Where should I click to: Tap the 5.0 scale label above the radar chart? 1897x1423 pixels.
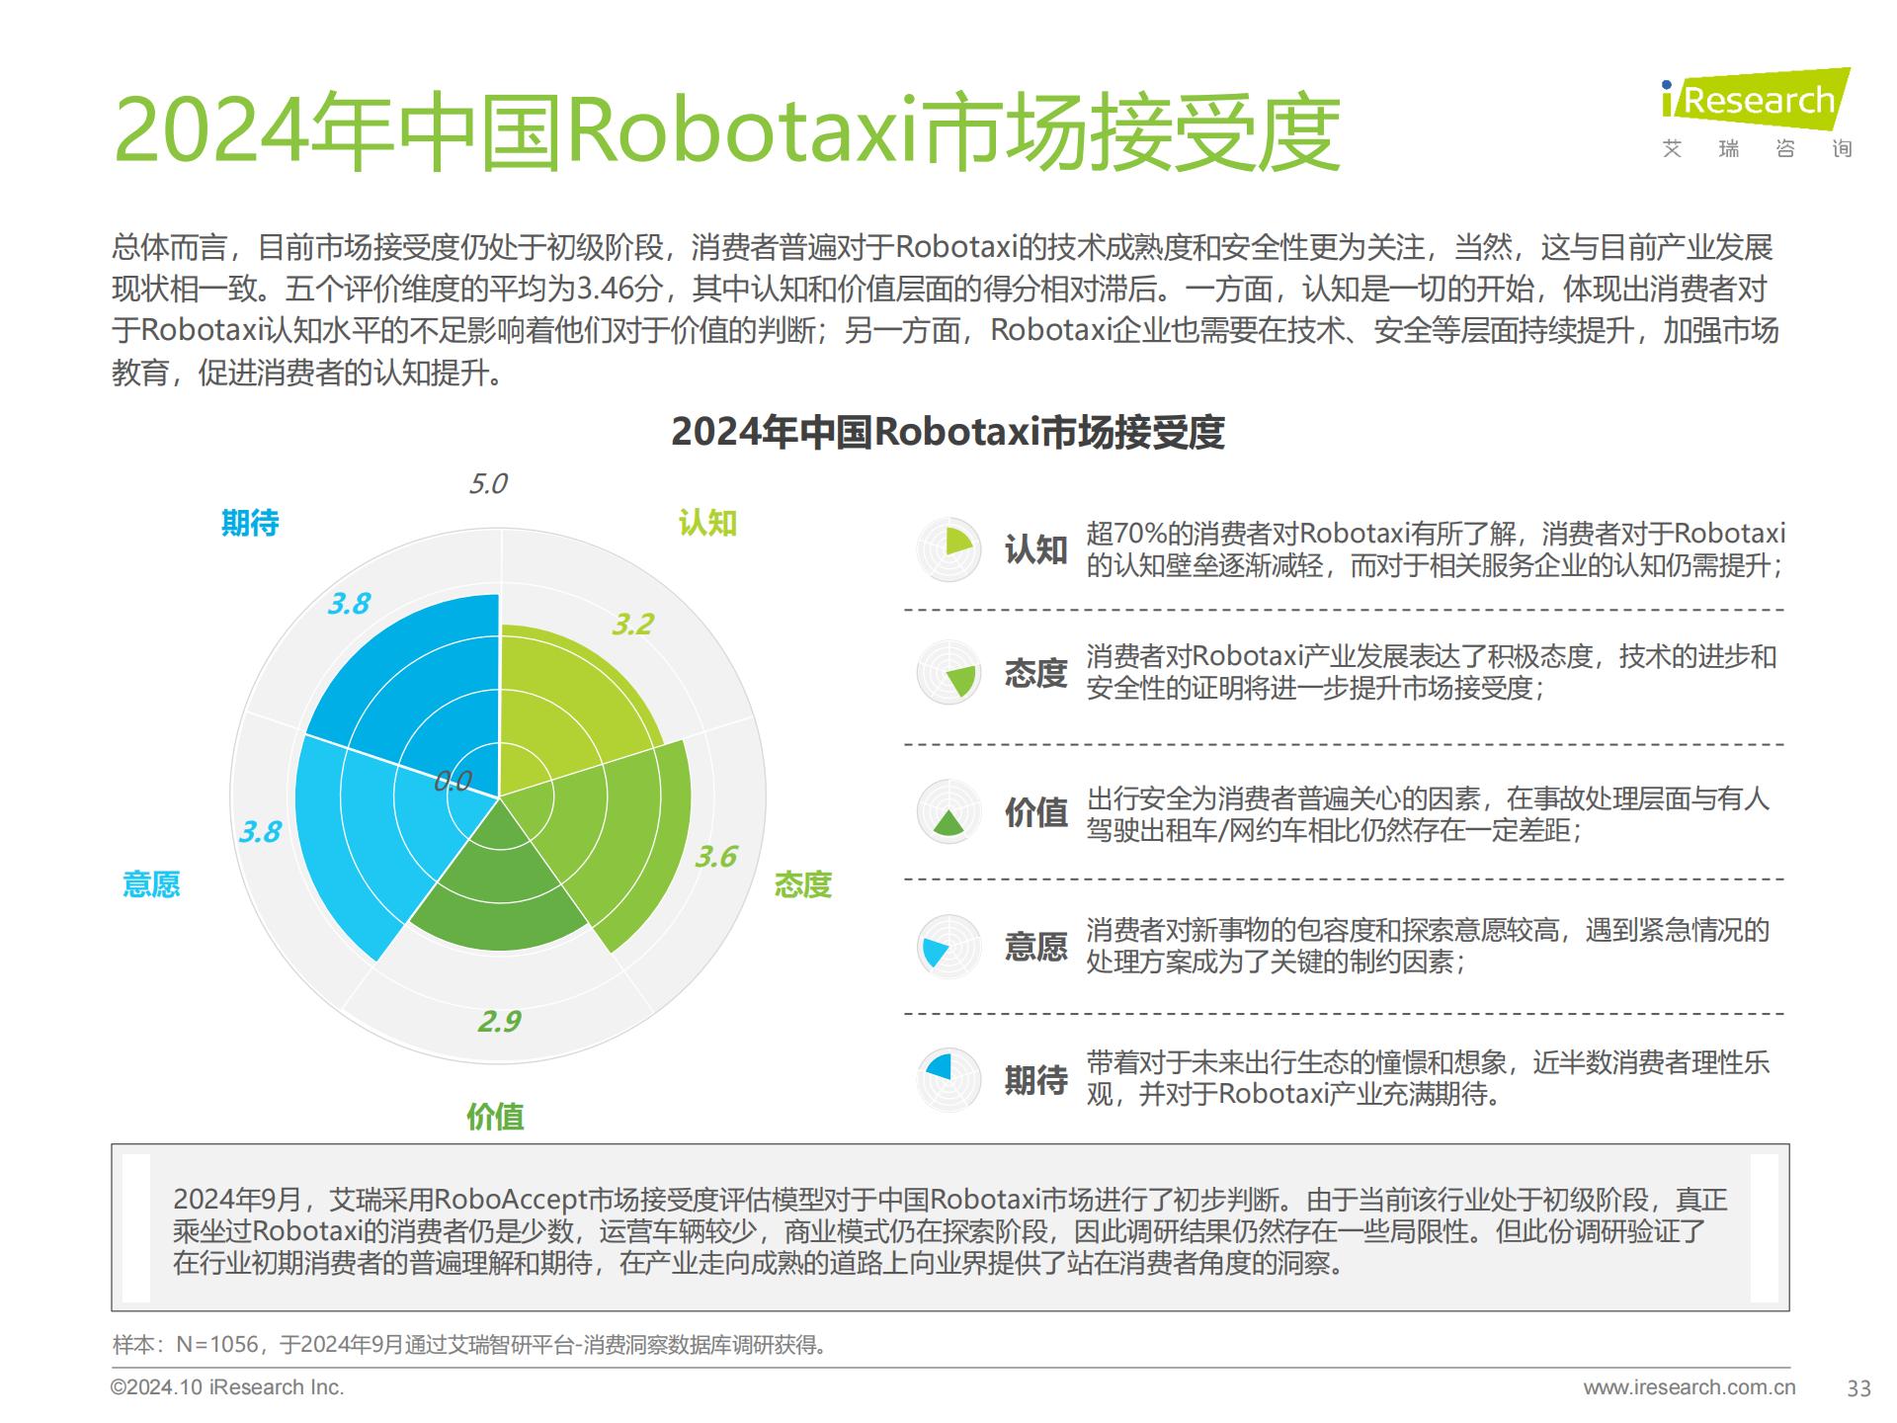coord(487,483)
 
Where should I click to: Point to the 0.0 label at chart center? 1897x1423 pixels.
coord(453,782)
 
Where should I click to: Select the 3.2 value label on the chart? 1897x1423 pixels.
coord(632,625)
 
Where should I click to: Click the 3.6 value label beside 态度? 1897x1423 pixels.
coord(715,856)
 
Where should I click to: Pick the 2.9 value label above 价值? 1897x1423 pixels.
coord(499,1021)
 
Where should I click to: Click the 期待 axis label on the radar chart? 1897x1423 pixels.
coord(250,523)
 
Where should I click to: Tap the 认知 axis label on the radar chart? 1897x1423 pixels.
coord(707,523)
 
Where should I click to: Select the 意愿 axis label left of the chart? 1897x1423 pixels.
coord(151,883)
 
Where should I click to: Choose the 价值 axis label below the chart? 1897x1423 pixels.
coord(495,1117)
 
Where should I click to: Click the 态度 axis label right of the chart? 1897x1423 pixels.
coord(802,883)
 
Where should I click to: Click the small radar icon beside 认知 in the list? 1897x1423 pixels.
coord(948,548)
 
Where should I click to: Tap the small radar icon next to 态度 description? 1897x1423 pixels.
coord(948,673)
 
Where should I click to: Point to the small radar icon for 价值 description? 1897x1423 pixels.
coord(948,812)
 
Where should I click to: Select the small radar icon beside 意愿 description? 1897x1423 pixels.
coord(948,947)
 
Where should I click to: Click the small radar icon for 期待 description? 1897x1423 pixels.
coord(948,1078)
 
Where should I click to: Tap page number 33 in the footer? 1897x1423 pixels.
coord(1858,1388)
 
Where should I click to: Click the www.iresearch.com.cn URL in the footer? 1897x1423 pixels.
coord(1689,1387)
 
